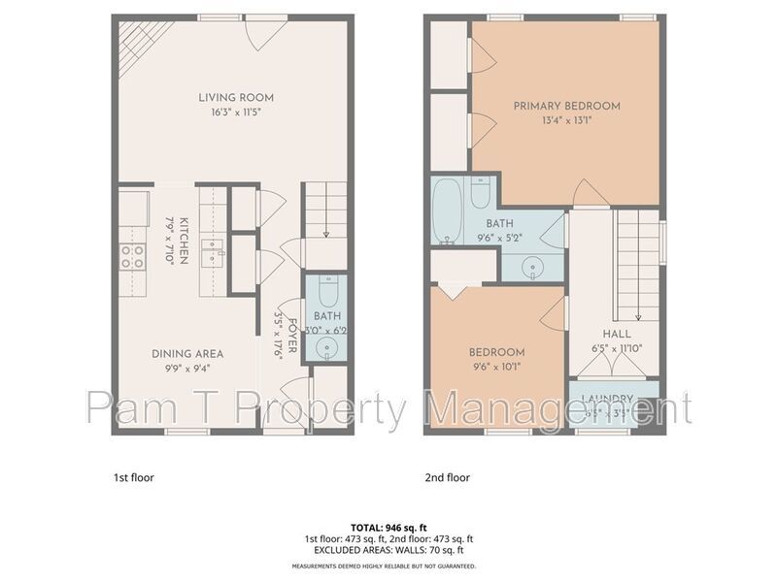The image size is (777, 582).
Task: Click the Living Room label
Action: tap(236, 97)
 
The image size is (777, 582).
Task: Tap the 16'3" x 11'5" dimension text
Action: tap(236, 112)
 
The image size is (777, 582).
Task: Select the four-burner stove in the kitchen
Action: tap(132, 257)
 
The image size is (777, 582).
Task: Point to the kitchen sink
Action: tap(212, 254)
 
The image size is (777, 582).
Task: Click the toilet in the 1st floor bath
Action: tap(325, 292)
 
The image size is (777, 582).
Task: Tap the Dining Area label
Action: tap(187, 354)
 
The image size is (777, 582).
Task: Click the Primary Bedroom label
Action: tap(566, 106)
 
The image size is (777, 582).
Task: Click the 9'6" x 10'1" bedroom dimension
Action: tap(496, 367)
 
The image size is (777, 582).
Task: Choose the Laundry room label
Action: tap(607, 400)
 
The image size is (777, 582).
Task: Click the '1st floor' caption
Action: tap(134, 477)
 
